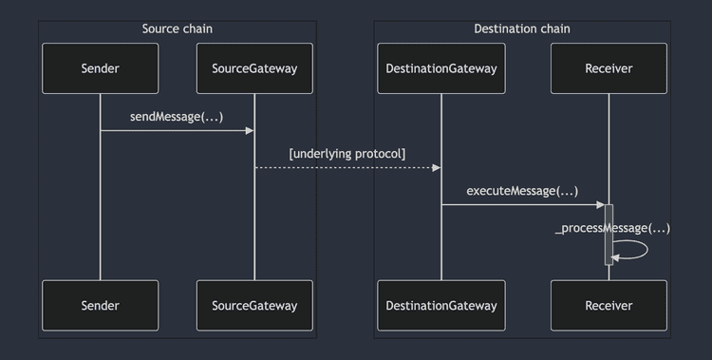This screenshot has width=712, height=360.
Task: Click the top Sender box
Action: [x=100, y=68]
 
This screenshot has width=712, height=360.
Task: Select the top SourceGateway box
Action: [x=254, y=68]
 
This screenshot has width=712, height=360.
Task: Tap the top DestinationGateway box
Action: [x=440, y=68]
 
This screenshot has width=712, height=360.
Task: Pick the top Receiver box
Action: [x=609, y=68]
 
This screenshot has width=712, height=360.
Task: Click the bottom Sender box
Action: [x=100, y=305]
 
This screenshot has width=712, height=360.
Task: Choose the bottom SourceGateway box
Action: [x=254, y=305]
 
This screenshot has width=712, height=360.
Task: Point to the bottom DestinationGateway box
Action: [x=440, y=305]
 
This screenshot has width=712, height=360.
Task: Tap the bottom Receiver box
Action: [x=609, y=305]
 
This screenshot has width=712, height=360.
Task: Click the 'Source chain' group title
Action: [x=178, y=28]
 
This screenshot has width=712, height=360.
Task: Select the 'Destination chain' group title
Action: [x=522, y=28]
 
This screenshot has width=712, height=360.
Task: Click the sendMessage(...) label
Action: [x=177, y=116]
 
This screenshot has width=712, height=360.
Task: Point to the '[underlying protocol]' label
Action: [x=347, y=153]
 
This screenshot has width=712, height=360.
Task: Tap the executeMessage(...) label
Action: [x=522, y=191]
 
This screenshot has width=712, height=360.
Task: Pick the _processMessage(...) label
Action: [x=612, y=228]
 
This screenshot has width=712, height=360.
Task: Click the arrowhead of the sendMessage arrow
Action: [x=250, y=130]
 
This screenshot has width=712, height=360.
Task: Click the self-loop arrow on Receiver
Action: [x=646, y=249]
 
